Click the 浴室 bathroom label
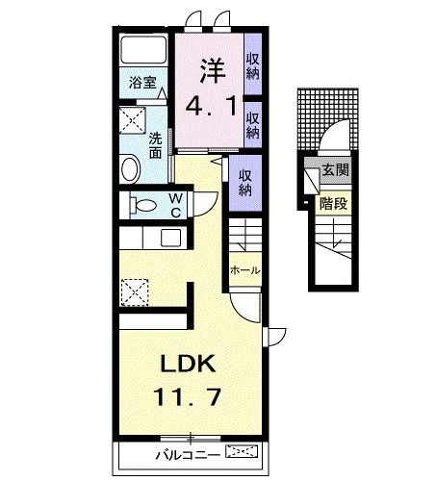(142, 83)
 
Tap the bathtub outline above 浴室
(142, 51)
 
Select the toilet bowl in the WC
(143, 206)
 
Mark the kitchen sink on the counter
(169, 238)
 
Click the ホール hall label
(244, 270)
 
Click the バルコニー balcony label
(185, 452)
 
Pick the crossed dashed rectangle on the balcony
(242, 450)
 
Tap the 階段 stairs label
(333, 203)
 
